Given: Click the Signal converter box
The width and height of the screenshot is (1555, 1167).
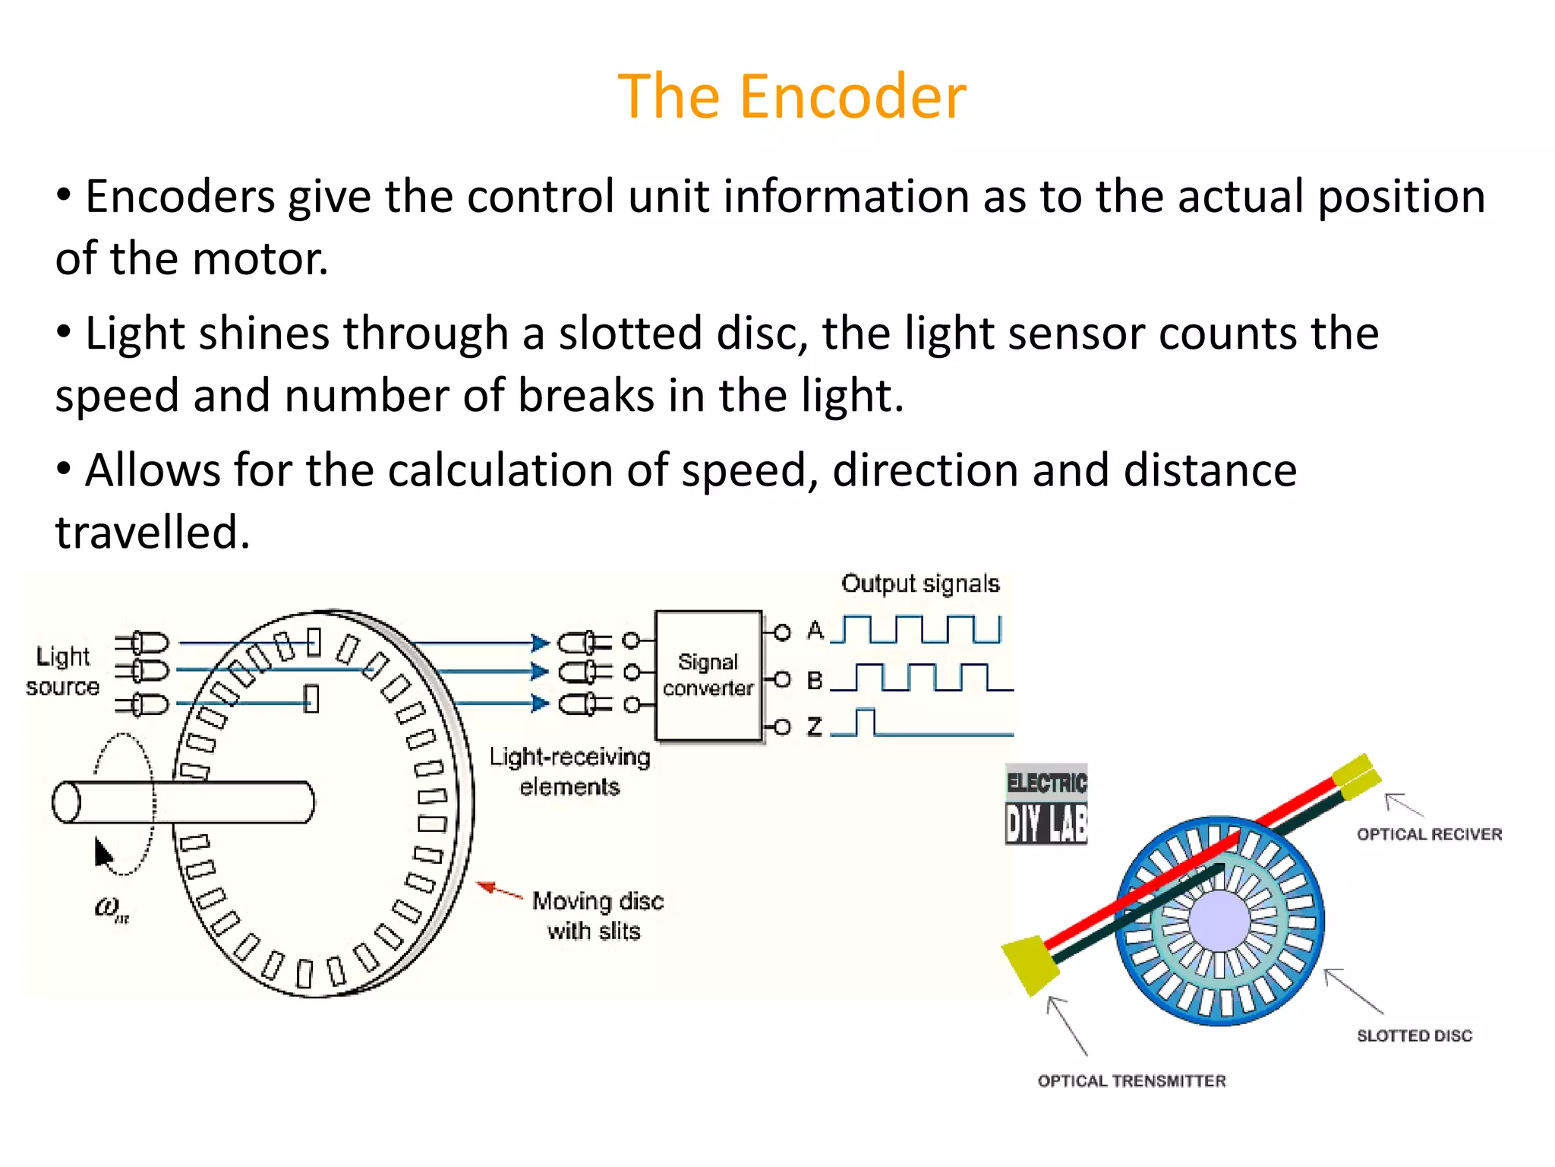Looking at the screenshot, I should [708, 675].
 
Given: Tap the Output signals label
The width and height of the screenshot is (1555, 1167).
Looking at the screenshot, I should [920, 583].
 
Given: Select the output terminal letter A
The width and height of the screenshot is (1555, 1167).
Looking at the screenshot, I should [815, 630].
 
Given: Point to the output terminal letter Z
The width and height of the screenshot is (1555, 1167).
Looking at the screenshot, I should [815, 726].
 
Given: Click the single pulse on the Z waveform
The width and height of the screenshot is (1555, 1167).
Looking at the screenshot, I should [865, 721].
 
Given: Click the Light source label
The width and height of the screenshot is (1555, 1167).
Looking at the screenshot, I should [62, 671].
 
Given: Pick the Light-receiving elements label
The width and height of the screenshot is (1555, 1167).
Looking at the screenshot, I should [569, 771].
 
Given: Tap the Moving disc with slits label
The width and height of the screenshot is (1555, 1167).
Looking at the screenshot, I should [597, 916].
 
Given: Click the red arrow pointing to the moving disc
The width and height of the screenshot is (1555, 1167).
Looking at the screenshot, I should [498, 890].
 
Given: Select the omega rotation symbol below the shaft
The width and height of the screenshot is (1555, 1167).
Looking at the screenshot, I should [111, 908].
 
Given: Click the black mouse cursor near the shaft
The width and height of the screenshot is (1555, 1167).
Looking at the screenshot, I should [103, 852].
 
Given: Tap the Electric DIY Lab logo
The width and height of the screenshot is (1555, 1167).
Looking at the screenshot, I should [1046, 805].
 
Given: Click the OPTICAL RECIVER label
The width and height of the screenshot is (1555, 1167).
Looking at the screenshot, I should [1429, 834].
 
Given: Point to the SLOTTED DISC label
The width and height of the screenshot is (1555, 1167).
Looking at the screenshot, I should [1414, 1036].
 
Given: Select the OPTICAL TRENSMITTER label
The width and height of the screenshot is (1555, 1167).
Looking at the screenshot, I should [1131, 1081].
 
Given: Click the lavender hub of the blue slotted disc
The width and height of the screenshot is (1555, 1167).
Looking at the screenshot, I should [1219, 920].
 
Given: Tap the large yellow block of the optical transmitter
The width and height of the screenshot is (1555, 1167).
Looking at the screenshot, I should [1030, 963].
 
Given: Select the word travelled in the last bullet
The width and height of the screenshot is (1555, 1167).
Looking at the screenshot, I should [152, 532].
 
